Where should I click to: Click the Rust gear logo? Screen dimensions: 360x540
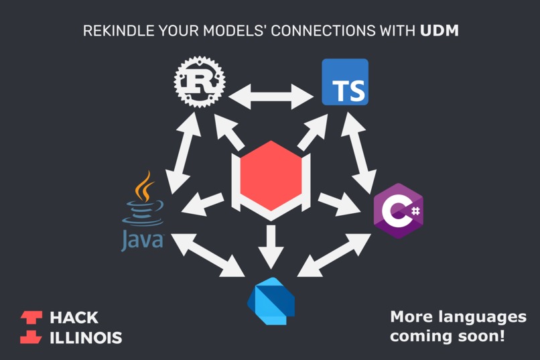pos(199,82)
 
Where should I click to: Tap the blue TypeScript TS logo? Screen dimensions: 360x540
pos(345,82)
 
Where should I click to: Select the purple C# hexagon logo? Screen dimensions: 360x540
pos(398,211)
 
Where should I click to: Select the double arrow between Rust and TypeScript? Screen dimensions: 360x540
pos(271,96)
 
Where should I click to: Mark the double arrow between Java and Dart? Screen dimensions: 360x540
pos(208,255)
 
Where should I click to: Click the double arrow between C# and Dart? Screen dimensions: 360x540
pos(334,255)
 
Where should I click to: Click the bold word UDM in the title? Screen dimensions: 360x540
pos(440,31)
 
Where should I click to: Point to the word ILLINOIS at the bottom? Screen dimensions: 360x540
pos(86,337)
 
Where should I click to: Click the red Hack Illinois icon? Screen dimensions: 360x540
pos(31,326)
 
